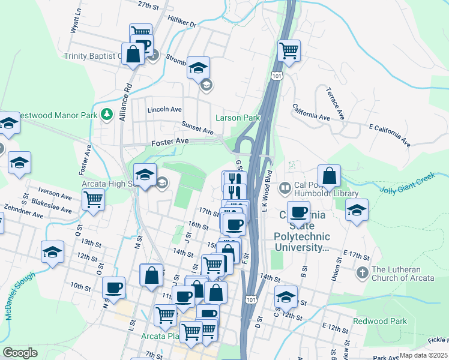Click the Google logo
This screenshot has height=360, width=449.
pyautogui.click(x=20, y=353)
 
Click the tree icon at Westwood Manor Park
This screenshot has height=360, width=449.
pyautogui.click(x=106, y=114)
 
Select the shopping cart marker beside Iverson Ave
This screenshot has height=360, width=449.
pyautogui.click(x=93, y=199)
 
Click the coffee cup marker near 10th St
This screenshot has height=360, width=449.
pyautogui.click(x=113, y=287)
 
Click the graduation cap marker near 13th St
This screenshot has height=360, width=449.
pyautogui.click(x=53, y=251)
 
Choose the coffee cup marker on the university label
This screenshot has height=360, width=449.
pyautogui.click(x=299, y=212)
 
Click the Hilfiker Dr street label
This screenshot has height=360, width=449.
pyautogui.click(x=184, y=23)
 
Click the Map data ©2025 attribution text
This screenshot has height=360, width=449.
pyautogui.click(x=423, y=355)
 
